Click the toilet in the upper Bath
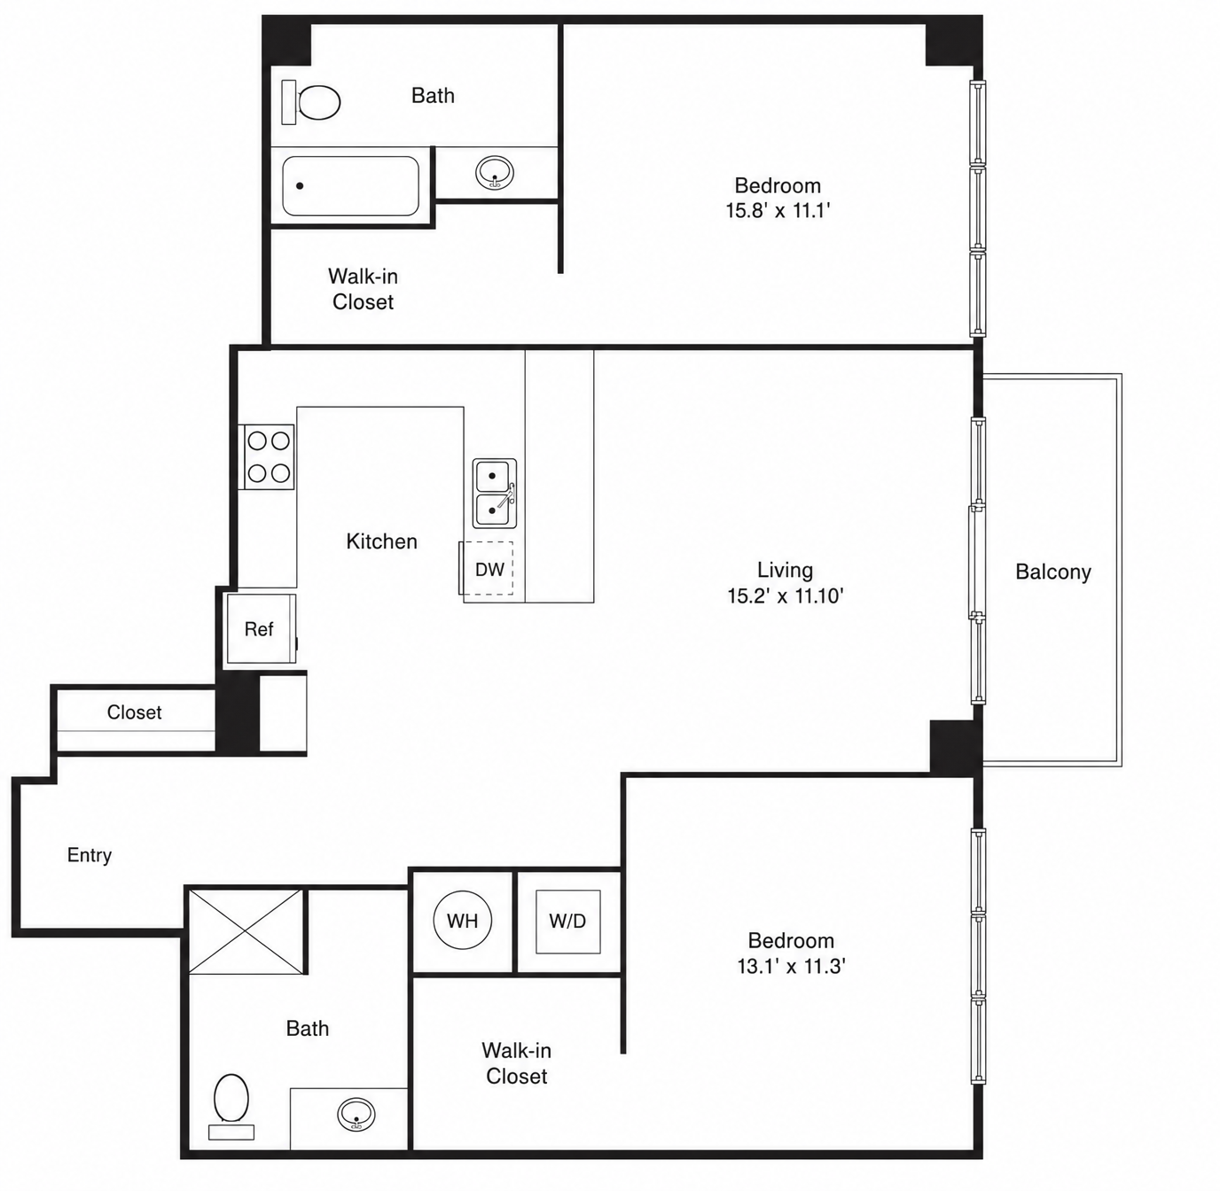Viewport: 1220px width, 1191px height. point(311,102)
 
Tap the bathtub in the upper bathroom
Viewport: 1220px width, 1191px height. point(350,186)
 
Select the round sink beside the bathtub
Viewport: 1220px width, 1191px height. point(495,172)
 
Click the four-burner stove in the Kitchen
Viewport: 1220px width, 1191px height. point(267,456)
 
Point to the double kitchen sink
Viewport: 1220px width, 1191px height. point(495,493)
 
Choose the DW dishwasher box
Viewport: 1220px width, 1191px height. point(487,568)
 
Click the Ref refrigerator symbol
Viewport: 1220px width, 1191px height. point(261,628)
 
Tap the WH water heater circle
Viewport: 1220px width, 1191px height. point(463,921)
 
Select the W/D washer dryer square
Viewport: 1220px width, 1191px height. point(568,921)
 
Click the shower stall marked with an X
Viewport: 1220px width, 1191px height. point(246,931)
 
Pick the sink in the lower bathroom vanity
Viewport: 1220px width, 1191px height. point(356,1115)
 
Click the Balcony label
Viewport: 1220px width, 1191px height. point(1053,572)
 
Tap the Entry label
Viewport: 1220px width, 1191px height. point(90,854)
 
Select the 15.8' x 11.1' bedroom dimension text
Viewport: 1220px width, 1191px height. point(778,211)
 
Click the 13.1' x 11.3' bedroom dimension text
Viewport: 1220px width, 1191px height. point(791,966)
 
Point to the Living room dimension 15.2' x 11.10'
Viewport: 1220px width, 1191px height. point(786,595)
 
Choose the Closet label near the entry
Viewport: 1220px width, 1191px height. point(134,712)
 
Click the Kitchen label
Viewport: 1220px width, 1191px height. point(382,541)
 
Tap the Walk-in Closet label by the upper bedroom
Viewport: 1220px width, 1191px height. point(363,289)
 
